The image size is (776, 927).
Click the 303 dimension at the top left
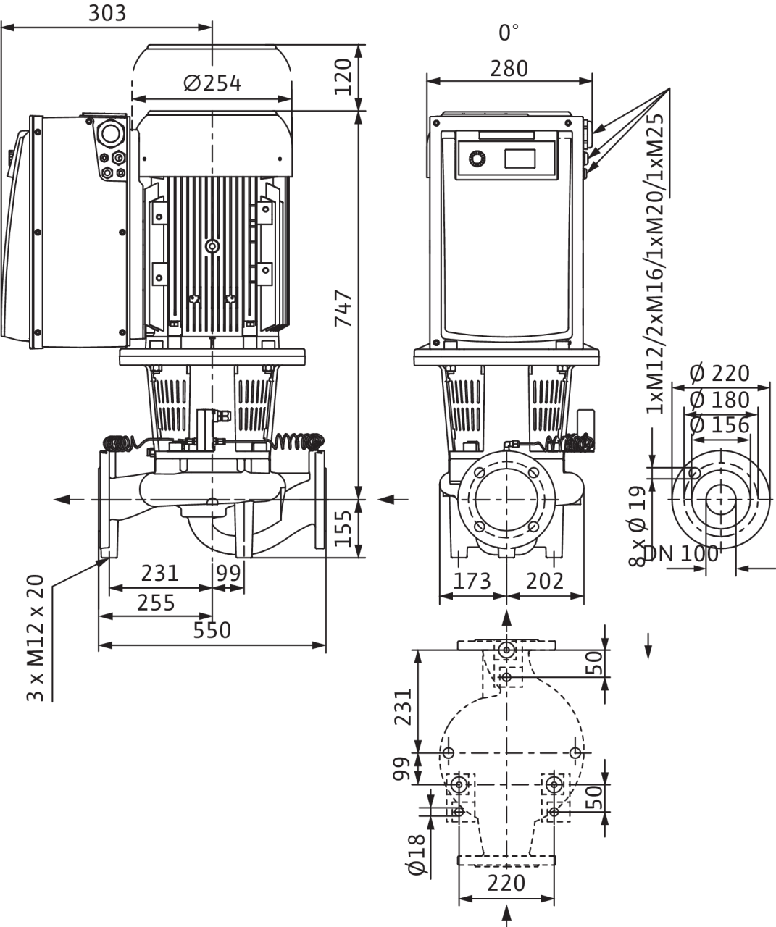(x=107, y=13)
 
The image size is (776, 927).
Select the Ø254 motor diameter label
(x=212, y=83)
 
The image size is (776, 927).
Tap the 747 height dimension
(x=343, y=308)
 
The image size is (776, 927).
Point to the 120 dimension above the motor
(x=343, y=77)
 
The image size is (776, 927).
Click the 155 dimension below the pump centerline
(x=343, y=529)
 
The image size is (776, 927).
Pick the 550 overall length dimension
(x=212, y=630)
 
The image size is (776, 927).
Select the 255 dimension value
(x=156, y=603)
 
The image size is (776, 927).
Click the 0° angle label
(x=509, y=33)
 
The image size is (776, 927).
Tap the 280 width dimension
(x=509, y=68)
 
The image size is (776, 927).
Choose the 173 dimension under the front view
(x=472, y=581)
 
